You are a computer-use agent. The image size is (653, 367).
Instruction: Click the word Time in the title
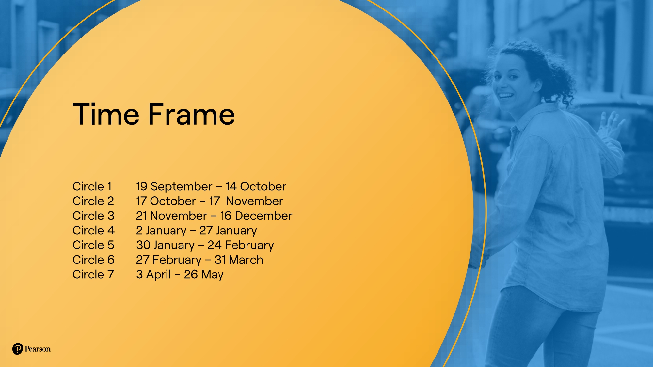tap(106, 114)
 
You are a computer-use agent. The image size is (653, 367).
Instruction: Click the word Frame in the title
tap(192, 114)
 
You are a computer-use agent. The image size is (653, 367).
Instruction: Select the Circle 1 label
tap(92, 186)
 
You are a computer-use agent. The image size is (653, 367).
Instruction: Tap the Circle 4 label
tap(94, 230)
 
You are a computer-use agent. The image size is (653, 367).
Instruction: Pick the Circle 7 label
tap(93, 274)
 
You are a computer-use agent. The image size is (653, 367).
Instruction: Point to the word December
tap(263, 216)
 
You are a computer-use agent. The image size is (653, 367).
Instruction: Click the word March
tap(246, 260)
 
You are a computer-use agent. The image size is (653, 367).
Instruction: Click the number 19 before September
tap(142, 186)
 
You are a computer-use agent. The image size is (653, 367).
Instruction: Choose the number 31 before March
tap(220, 260)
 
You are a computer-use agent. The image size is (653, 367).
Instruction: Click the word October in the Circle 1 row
tap(263, 186)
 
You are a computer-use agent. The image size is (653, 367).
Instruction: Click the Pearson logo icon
tap(18, 349)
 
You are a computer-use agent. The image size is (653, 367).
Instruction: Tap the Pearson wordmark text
tap(38, 349)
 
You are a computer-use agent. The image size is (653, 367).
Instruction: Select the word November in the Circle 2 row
tap(254, 201)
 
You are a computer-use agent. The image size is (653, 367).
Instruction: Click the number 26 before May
tap(191, 274)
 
